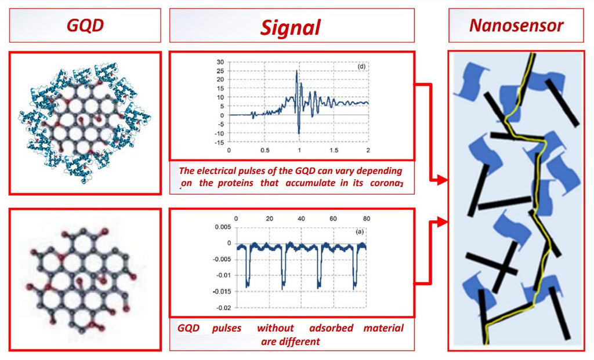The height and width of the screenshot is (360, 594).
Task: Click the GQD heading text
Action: point(85,26)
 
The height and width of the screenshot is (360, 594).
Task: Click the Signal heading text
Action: point(291,28)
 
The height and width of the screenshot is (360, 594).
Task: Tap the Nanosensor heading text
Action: point(516,26)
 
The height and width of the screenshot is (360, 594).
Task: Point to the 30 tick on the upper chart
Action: point(220,61)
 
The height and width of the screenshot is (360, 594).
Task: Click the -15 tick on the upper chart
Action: point(219,143)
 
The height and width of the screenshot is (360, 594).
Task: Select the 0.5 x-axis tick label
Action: point(265,150)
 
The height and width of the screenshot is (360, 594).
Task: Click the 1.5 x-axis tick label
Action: point(334,150)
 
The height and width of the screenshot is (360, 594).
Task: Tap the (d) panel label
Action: point(361,66)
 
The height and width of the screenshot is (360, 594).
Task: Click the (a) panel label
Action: point(359,231)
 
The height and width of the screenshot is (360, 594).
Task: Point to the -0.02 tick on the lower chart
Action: point(223,308)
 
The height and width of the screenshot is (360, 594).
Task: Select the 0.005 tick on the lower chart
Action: point(222,227)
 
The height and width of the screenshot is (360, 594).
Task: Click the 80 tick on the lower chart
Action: point(367,219)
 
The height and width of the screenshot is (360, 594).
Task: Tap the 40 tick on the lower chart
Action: point(301,219)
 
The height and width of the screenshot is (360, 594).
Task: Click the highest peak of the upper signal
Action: point(296,71)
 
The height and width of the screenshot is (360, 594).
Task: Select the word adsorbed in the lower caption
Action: point(331,328)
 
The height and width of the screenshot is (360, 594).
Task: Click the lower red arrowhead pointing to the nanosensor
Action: point(441,221)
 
